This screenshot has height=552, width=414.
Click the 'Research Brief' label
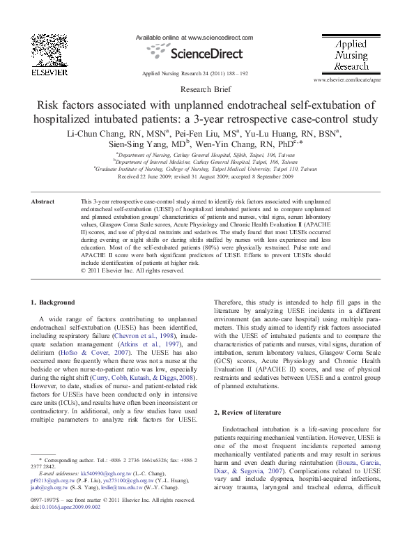point(207,90)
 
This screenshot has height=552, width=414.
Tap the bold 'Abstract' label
point(43,201)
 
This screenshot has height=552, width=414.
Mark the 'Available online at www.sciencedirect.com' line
point(194,37)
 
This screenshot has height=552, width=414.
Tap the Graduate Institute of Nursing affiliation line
point(206,169)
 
